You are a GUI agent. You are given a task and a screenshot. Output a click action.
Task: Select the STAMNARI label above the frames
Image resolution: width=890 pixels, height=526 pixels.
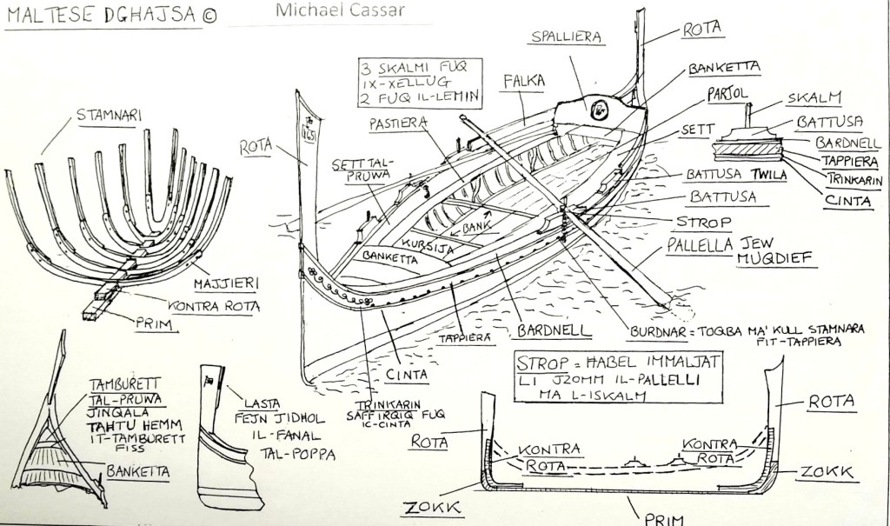pos(109,114)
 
